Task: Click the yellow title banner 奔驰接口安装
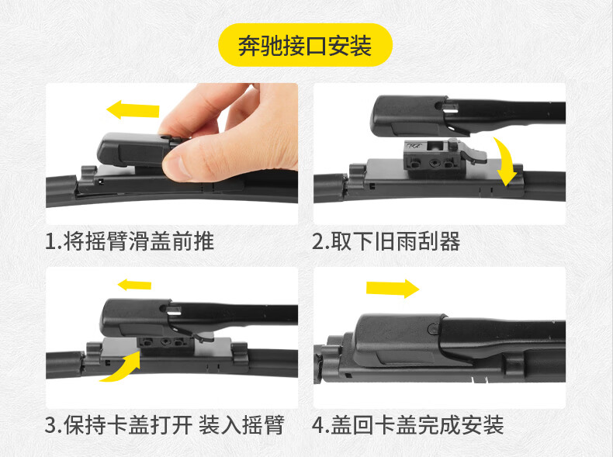tap(305, 45)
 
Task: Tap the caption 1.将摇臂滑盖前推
tap(130, 241)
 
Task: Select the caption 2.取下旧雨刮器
tap(386, 241)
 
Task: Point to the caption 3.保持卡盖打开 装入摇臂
tap(165, 425)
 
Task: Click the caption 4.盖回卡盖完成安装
tap(408, 425)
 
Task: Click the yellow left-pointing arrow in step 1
tap(133, 109)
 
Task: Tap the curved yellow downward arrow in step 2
tap(506, 161)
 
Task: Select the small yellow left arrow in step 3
tap(134, 285)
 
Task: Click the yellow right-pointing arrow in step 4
tap(393, 289)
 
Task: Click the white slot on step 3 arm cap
tap(174, 310)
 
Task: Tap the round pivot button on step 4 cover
tap(434, 328)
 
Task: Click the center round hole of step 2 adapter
tap(434, 163)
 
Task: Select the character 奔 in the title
tap(248, 46)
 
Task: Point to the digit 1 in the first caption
tap(50, 241)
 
